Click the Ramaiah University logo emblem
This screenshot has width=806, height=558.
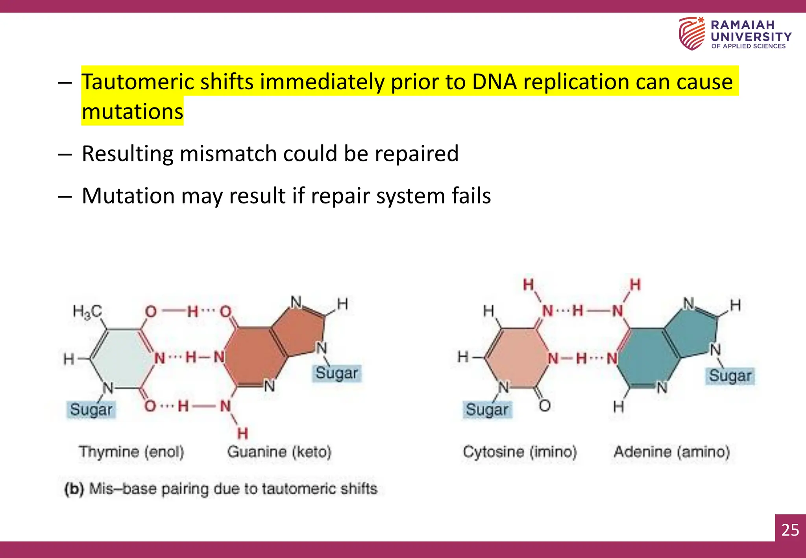691,33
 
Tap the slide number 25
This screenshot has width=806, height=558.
790,530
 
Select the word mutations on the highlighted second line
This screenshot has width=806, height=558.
133,112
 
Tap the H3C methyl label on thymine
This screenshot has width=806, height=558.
87,312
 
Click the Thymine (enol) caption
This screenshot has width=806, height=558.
131,452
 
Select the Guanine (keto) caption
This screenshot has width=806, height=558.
279,452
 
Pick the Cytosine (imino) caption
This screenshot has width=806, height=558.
519,452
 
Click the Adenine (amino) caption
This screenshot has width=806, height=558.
672,452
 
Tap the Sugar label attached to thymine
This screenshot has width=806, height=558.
91,410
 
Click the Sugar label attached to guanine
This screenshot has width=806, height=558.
337,373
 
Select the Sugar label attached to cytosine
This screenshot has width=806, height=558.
487,410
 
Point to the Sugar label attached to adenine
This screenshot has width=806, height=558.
730,376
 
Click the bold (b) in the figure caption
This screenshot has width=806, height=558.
74,489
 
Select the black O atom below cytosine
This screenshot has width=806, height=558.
545,406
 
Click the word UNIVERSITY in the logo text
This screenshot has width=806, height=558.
751,37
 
